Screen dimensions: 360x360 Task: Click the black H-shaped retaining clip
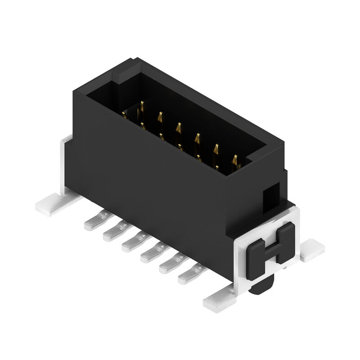270,246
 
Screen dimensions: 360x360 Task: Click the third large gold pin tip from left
179,127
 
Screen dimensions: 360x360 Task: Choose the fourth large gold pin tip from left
197,138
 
